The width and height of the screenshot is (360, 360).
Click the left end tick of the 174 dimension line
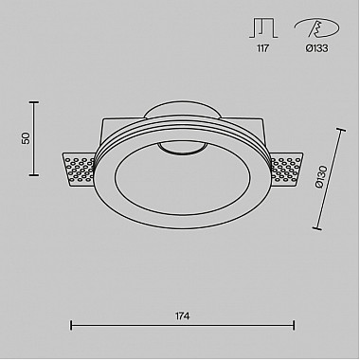tap(73, 326)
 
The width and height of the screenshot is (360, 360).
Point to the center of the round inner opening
tap(180, 181)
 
